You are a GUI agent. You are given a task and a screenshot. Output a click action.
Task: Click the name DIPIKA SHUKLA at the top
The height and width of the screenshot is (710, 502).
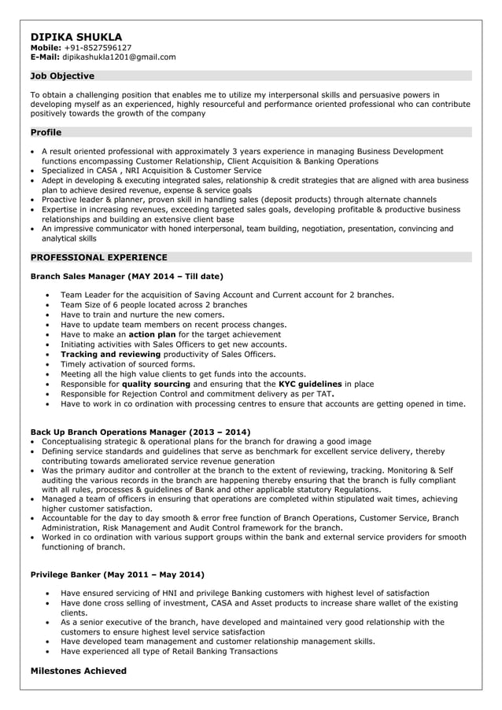pyautogui.click(x=76, y=36)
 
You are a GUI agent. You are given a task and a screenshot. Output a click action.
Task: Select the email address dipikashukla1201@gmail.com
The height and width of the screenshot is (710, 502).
pyautogui.click(x=120, y=57)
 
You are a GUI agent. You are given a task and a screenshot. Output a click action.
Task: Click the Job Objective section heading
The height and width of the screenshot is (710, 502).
pyautogui.click(x=62, y=76)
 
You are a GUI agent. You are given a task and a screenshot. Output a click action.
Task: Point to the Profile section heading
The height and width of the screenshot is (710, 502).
pyautogui.click(x=46, y=133)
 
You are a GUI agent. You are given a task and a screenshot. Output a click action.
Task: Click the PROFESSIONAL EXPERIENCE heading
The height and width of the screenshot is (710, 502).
pyautogui.click(x=98, y=257)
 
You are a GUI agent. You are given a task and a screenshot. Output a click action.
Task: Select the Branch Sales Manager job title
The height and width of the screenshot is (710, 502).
pyautogui.click(x=78, y=276)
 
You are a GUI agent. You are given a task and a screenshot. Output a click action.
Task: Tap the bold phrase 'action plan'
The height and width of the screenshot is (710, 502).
pyautogui.click(x=152, y=334)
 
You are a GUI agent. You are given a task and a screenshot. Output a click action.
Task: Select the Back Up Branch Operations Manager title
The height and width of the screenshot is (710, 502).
pyautogui.click(x=108, y=432)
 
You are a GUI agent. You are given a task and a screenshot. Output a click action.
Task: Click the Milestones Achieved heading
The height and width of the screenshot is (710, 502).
pyautogui.click(x=78, y=671)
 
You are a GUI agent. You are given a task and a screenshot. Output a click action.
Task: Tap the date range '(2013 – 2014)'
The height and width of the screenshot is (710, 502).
pyautogui.click(x=220, y=432)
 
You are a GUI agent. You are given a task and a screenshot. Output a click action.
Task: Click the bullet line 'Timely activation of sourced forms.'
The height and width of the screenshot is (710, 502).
pyautogui.click(x=127, y=364)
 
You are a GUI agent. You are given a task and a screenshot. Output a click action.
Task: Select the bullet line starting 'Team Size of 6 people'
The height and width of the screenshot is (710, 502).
pyautogui.click(x=153, y=304)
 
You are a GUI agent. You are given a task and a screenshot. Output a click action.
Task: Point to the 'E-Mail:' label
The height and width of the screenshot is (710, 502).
pyautogui.click(x=45, y=57)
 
